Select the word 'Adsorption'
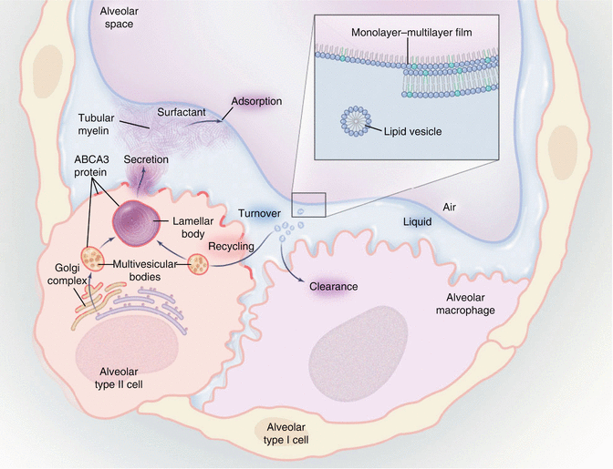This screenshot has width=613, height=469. pyautogui.click(x=258, y=100)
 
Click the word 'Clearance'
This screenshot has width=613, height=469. pyautogui.click(x=332, y=287)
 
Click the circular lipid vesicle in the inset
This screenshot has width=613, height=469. pyautogui.click(x=355, y=121)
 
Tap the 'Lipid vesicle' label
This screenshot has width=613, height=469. pyautogui.click(x=411, y=132)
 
